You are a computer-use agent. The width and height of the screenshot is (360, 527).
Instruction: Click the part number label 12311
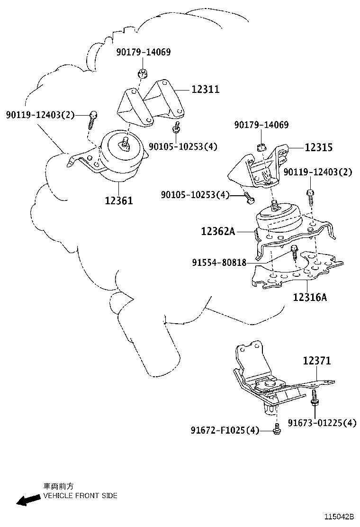tap(205, 89)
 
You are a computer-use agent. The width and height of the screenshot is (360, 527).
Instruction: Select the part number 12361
tap(119, 200)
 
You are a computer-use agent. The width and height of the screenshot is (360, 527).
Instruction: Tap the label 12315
tap(318, 147)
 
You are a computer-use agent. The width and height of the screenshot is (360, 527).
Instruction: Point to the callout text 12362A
tap(218, 231)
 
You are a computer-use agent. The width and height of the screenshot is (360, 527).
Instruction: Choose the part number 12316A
tap(310, 297)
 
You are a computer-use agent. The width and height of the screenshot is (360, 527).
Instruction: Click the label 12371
tap(317, 361)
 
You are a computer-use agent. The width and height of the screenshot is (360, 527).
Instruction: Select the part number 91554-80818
tap(219, 262)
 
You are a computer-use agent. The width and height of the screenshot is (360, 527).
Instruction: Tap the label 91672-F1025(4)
tap(225, 430)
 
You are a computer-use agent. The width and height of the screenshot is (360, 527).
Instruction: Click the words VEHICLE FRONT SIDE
tap(80, 496)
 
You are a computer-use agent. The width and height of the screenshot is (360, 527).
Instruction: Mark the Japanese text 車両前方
tap(58, 486)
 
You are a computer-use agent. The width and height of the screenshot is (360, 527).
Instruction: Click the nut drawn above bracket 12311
tap(141, 73)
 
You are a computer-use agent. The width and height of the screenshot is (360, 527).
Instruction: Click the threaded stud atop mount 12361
tap(125, 142)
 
